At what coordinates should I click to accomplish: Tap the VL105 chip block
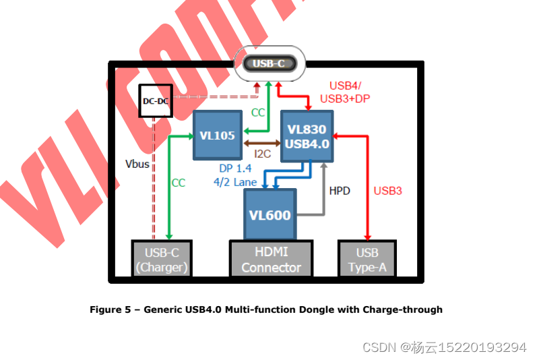[217, 136]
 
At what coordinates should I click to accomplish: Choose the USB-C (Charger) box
[162, 260]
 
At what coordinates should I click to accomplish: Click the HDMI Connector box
[271, 260]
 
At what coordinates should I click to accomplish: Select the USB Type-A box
[367, 260]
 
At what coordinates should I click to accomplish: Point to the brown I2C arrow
[261, 143]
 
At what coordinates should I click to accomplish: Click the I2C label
[262, 154]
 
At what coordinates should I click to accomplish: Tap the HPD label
[340, 191]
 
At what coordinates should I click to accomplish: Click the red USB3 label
[387, 191]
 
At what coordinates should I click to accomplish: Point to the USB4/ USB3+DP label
[345, 92]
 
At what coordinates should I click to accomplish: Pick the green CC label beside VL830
[258, 113]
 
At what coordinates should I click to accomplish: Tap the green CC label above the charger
[178, 183]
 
